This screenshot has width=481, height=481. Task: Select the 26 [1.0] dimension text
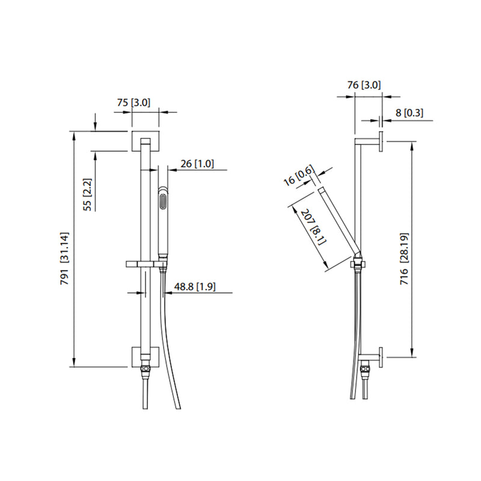(197, 163)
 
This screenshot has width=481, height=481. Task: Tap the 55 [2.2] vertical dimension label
(88, 194)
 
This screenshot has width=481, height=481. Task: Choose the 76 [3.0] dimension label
(364, 85)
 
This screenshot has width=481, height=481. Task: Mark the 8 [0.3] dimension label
(409, 112)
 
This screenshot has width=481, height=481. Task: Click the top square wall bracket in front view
(145, 142)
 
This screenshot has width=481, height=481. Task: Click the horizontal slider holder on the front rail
(145, 263)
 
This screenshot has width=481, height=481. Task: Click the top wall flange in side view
(381, 142)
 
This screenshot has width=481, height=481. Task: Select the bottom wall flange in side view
(381, 356)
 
